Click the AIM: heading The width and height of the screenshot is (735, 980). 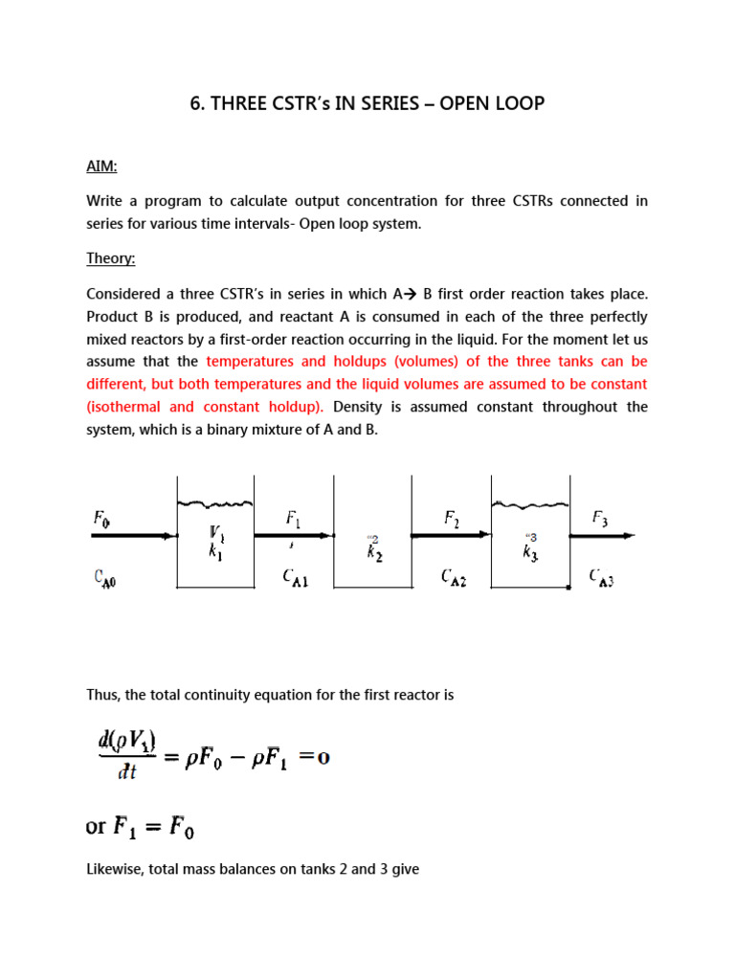102,167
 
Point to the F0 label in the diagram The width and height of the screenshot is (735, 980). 102,519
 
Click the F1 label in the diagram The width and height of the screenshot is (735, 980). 294,519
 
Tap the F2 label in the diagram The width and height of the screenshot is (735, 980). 452,519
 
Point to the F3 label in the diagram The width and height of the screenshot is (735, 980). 600,519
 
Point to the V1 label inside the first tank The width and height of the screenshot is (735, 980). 217,532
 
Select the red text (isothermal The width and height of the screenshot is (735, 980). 128,407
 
